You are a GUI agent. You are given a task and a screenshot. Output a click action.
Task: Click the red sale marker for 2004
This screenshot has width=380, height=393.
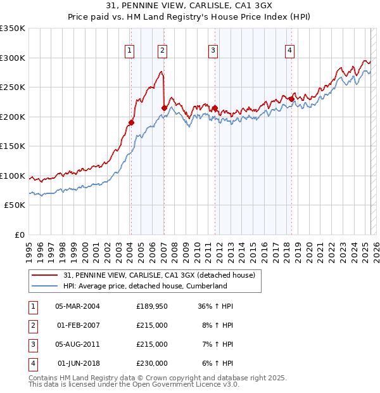(x=132, y=122)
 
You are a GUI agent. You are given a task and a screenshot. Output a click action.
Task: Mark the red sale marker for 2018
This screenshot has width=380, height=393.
(x=291, y=99)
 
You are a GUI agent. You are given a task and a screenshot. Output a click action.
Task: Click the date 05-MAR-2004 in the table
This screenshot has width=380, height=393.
(x=77, y=306)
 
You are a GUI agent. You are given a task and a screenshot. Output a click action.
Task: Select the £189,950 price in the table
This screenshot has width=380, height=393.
(x=152, y=306)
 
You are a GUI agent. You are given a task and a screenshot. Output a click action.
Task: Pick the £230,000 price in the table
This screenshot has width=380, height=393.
(x=152, y=363)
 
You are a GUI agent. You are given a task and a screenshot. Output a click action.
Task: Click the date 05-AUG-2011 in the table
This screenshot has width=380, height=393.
(x=77, y=344)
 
